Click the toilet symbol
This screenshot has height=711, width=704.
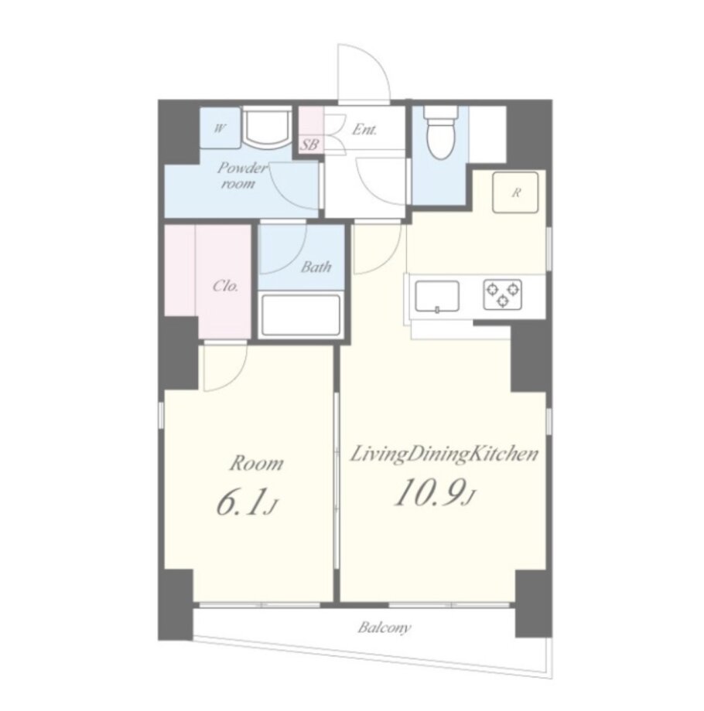(439, 132)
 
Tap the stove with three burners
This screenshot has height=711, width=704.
(502, 294)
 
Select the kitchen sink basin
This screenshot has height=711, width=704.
(436, 297)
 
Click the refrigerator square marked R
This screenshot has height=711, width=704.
(516, 192)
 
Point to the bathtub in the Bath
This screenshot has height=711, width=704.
(301, 315)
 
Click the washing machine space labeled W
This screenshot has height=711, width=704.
(220, 128)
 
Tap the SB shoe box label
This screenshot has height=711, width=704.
(310, 145)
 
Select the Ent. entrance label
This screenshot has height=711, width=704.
(364, 130)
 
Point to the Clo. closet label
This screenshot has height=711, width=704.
(226, 286)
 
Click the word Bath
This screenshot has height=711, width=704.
(316, 267)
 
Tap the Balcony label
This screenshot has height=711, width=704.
(384, 628)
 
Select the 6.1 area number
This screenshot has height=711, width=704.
(241, 503)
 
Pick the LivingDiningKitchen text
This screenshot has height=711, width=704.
(444, 454)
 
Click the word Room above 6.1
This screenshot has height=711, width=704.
(256, 464)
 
